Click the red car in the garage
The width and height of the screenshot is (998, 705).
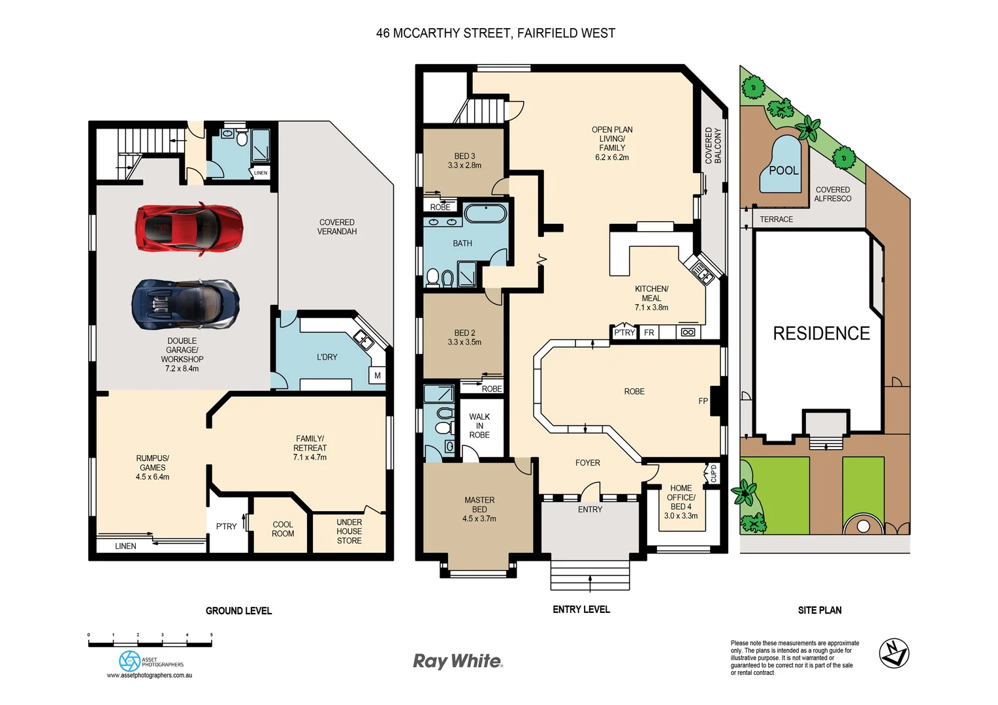coord(189,228)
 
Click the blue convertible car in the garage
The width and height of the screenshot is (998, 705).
coord(185,304)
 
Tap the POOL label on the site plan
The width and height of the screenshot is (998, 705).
coord(783,170)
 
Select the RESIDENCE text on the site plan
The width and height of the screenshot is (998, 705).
coord(821,334)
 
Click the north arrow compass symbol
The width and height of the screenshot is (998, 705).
coord(893,653)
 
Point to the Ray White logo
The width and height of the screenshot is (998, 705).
coord(458,661)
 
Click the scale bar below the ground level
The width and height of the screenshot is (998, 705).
coord(150,644)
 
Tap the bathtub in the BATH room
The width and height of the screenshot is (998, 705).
coord(485,214)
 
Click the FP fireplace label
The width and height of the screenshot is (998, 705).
coord(703,401)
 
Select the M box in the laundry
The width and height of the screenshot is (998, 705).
coord(378,375)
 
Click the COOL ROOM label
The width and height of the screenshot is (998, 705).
coord(283,529)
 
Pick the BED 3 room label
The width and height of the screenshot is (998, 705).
coord(464,161)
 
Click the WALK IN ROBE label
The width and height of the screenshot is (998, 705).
coord(479,426)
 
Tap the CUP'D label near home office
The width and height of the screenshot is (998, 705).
coord(713,473)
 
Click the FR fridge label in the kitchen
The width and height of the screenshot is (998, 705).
coord(649,332)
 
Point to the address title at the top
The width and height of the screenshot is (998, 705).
coord(495,33)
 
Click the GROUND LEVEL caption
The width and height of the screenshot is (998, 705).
coord(238,610)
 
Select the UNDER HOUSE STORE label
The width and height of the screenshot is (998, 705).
coord(349,531)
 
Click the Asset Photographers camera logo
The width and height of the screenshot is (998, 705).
coord(130,661)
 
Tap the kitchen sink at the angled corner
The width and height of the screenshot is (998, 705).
coord(700,271)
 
